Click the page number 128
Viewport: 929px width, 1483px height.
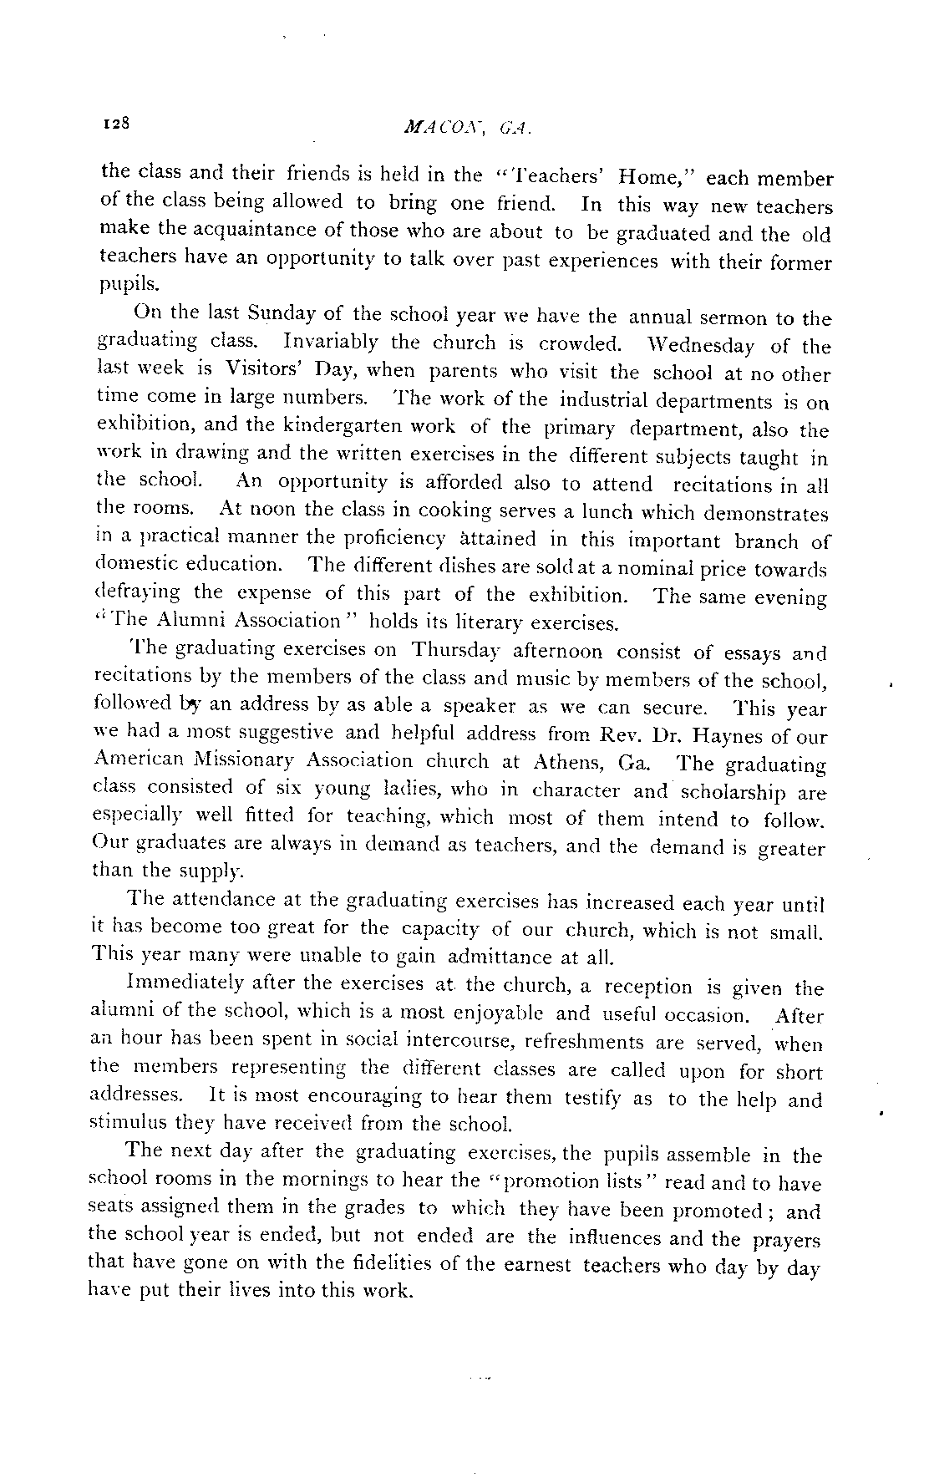(x=114, y=124)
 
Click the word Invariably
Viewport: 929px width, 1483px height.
(x=331, y=342)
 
